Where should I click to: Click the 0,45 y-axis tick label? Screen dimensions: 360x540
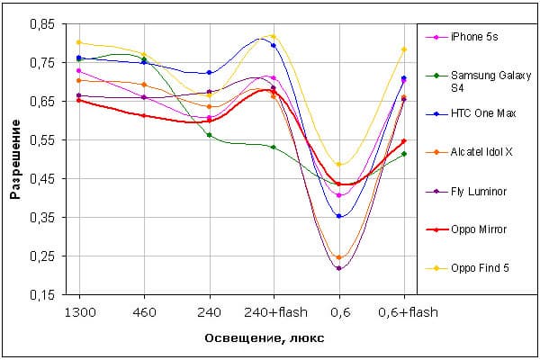(42, 179)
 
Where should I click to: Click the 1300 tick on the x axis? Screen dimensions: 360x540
(79, 310)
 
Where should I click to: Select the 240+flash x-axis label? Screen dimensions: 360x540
(274, 310)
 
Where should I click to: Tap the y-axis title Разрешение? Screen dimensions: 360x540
(15, 160)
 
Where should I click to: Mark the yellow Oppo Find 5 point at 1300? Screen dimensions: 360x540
(79, 42)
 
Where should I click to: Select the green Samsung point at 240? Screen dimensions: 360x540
(209, 135)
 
